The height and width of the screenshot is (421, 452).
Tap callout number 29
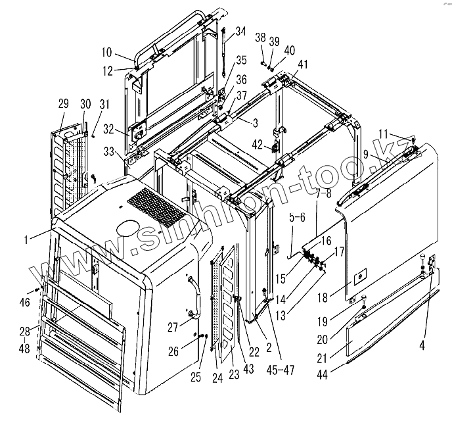[63, 103]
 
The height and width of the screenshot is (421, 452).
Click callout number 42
[258, 143]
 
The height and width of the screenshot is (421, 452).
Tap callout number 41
[303, 64]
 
